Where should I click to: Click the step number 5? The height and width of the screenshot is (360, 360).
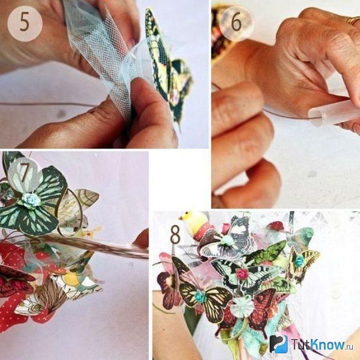(x=24, y=22)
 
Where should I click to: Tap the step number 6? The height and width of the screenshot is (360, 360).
(x=236, y=22)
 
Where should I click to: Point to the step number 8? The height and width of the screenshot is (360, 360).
(x=175, y=234)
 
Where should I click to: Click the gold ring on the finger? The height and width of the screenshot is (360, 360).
(x=352, y=21)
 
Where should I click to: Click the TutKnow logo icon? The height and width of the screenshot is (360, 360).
(x=279, y=344)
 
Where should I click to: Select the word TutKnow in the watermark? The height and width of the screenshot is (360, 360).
(x=318, y=344)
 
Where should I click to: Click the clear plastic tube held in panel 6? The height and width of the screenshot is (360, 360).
(x=333, y=111)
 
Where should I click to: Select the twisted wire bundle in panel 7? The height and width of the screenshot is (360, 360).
(x=94, y=246)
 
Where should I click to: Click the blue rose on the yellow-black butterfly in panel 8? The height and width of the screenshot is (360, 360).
(x=200, y=296)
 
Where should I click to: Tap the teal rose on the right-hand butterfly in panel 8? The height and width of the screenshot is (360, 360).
(x=300, y=261)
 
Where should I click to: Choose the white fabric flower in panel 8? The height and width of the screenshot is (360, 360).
(x=241, y=306)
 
